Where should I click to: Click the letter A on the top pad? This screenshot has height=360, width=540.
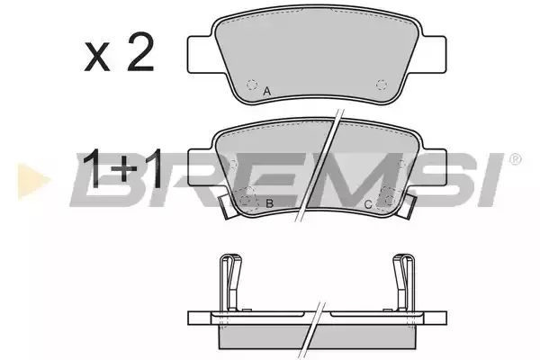click(x=267, y=92)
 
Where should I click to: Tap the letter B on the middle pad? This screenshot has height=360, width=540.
click(x=269, y=203)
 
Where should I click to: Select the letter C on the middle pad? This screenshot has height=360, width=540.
click(x=368, y=205)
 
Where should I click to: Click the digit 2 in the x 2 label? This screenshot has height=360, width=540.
click(x=140, y=52)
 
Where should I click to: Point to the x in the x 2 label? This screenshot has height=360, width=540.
click(x=97, y=58)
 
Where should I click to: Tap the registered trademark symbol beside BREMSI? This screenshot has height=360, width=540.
click(x=515, y=159)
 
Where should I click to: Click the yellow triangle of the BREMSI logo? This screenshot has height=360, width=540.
click(x=33, y=181)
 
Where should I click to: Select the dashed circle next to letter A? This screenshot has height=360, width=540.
click(x=252, y=85)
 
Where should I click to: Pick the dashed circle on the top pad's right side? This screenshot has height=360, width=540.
click(x=382, y=85)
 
